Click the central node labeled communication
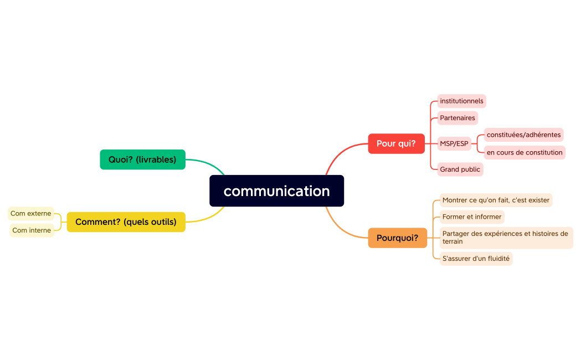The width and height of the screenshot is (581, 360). click(276, 191)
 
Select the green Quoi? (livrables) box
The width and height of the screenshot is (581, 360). click(142, 160)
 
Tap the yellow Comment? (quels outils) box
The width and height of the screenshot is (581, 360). click(126, 222)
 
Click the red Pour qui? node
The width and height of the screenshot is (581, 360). click(396, 143)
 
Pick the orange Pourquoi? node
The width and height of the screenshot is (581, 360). click(397, 238)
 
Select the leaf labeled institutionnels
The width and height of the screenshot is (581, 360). click(461, 101)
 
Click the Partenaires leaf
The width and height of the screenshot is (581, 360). click(457, 118)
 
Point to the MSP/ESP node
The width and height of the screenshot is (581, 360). click(454, 143)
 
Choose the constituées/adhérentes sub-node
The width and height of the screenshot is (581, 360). click(523, 135)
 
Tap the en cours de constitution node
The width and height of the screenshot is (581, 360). click(524, 152)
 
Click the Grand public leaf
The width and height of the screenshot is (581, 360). click(460, 169)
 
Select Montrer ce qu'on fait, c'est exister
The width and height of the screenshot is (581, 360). click(496, 200)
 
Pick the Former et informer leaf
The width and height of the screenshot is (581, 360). click(472, 217)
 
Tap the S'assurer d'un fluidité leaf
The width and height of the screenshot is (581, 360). click(476, 259)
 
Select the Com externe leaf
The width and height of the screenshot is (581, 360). click(31, 213)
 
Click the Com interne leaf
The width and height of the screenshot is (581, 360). click(32, 230)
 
